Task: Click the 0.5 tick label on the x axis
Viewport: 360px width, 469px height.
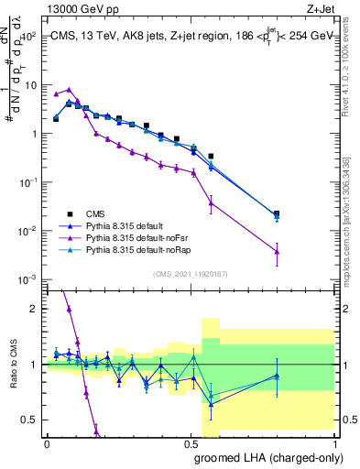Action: coord(191,442)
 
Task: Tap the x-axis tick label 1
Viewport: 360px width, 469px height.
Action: coord(335,442)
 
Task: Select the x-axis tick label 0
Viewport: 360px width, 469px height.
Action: coord(48,442)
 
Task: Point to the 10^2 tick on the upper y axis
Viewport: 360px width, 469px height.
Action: coord(29,37)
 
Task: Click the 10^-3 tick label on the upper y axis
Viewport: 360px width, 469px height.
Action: coord(27,278)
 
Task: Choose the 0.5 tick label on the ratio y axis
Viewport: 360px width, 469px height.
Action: coord(31,420)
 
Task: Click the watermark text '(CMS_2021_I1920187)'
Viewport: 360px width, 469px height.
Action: coord(191,273)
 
